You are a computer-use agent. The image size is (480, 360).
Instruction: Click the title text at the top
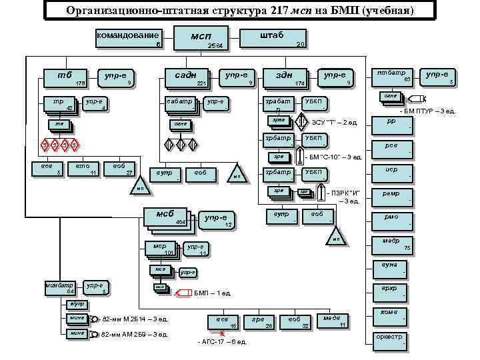(239, 11)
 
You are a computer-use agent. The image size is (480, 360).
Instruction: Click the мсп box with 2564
(201, 38)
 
